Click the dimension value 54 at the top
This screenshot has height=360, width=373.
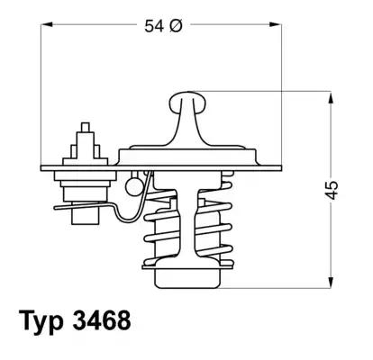(x=153, y=26)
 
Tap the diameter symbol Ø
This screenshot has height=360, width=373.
(x=177, y=26)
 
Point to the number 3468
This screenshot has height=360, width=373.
(x=105, y=320)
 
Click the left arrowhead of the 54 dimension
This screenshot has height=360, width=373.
(x=47, y=26)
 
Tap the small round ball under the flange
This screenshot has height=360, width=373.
(x=134, y=186)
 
